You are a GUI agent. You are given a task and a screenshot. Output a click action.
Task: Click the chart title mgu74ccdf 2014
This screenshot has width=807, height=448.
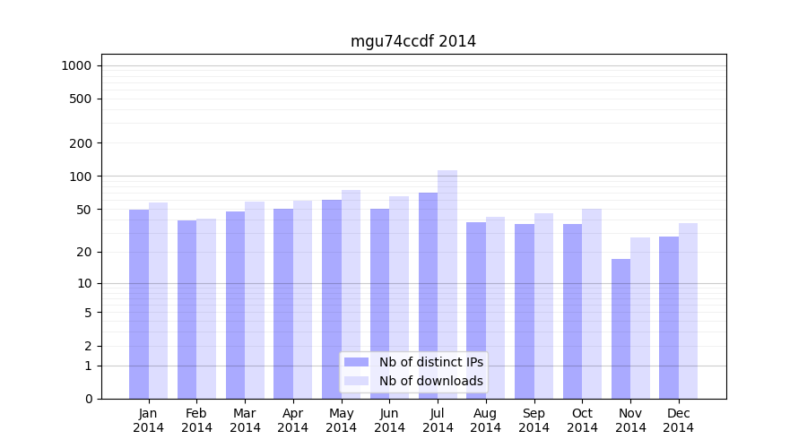pos(412,42)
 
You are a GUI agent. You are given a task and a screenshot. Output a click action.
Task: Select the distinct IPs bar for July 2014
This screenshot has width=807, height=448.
pos(428,296)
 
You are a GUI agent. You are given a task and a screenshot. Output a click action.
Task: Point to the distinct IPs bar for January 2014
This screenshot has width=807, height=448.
pos(139,304)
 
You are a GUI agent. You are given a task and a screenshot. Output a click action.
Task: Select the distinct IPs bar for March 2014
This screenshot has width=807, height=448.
pos(235,305)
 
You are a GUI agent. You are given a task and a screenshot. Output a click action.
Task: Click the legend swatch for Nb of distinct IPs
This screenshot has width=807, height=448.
pos(356,362)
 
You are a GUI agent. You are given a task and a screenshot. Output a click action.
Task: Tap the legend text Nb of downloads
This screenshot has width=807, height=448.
pos(430,381)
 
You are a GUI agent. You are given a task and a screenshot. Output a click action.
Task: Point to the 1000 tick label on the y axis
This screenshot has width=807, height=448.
pos(76,65)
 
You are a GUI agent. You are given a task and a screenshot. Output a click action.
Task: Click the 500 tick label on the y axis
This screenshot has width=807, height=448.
pos(81,99)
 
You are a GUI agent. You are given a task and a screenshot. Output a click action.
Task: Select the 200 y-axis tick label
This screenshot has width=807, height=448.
pos(81,143)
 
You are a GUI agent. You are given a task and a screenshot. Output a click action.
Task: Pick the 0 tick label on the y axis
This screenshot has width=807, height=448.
pos(88,399)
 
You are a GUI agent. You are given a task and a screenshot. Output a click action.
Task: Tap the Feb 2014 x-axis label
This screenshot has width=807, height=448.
pos(196,420)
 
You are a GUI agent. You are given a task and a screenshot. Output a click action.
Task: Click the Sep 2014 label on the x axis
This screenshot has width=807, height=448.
pos(534,420)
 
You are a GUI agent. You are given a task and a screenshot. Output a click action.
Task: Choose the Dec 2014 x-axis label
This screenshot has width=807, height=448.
pos(679,420)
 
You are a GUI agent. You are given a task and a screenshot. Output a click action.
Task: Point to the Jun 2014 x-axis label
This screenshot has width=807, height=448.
pos(389,420)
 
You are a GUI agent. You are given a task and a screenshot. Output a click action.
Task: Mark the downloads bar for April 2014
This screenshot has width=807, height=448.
pos(302,299)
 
